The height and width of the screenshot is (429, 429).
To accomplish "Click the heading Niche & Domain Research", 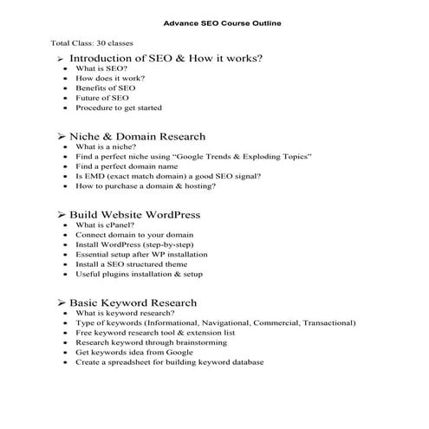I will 137,136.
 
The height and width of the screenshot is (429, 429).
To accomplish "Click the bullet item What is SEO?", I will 102,68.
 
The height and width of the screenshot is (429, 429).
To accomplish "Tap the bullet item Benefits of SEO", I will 106,88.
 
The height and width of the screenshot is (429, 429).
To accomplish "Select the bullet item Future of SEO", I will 102,98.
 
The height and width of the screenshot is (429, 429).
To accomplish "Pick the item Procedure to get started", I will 119,108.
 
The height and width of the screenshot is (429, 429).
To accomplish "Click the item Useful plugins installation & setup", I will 140,275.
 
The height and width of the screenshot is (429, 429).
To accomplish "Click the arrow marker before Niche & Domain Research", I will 62,137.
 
